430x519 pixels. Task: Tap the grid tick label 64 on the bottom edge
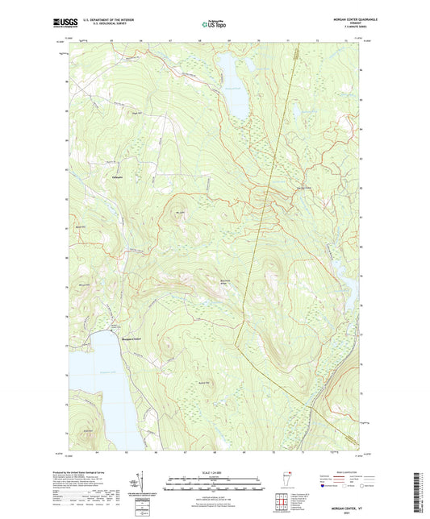tap(98, 452)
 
